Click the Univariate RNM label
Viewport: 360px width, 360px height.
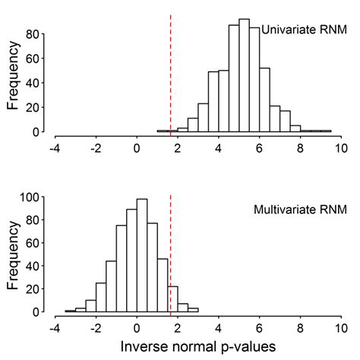click(x=298, y=30)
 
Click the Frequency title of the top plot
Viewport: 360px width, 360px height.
click(x=13, y=78)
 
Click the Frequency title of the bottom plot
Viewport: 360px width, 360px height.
click(x=13, y=256)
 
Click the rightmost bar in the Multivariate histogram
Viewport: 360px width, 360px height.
click(x=193, y=309)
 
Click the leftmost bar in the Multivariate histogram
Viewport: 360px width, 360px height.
click(x=71, y=311)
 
